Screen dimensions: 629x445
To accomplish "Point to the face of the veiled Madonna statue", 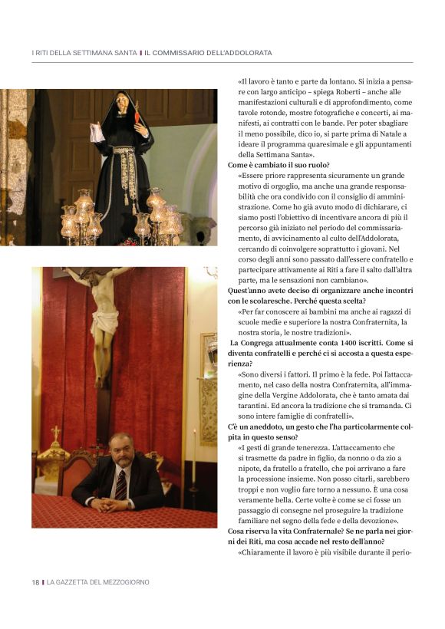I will pos(122,104).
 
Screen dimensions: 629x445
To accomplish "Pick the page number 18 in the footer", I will pos(35,582).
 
